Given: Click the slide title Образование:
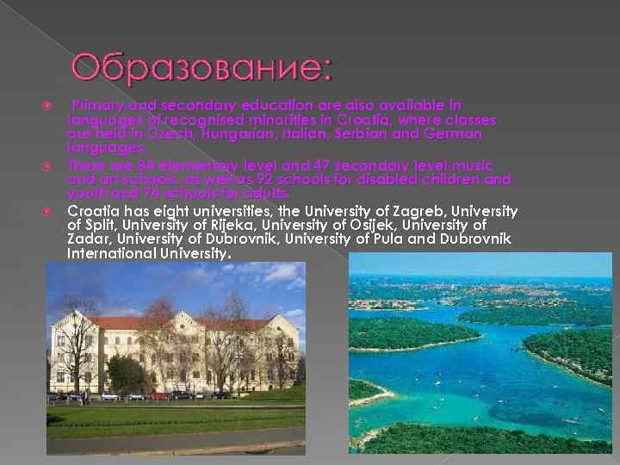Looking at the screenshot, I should click(201, 67).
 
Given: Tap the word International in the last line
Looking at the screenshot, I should click(109, 254).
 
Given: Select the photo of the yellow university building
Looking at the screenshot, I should click(176, 357).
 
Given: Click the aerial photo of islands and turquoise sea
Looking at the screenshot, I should click(480, 353).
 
